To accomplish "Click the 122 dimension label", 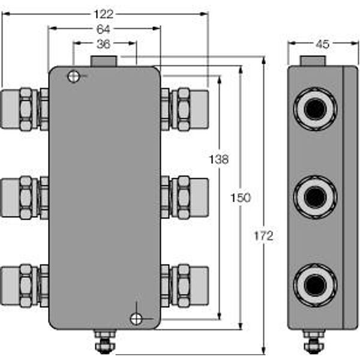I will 104,14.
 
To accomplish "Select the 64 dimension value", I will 104,29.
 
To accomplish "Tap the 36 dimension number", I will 104,44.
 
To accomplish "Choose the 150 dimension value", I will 241,198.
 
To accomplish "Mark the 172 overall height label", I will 263,236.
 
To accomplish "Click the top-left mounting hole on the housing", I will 73,76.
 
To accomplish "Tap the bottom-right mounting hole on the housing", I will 137,319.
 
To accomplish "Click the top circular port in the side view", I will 315,109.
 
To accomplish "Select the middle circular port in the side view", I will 315,197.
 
